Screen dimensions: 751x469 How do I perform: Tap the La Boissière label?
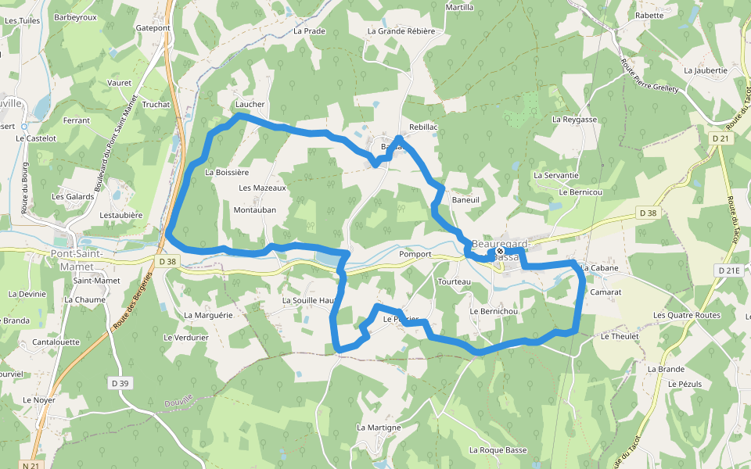pos(226,172)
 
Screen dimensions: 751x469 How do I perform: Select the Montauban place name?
pos(255,209)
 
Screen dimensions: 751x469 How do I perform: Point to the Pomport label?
pos(415,254)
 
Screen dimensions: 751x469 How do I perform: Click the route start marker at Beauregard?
pos(500,252)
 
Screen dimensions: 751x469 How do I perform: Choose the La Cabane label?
pos(599,268)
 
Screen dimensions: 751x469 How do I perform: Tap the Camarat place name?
pos(606,292)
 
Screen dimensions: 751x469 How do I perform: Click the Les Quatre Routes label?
pos(687,315)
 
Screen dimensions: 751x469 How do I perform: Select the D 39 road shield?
pos(120,383)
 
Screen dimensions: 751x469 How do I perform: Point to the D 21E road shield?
pos(727,270)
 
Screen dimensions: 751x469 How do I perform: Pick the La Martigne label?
pos(379,428)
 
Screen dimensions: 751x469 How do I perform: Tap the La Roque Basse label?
pos(498,450)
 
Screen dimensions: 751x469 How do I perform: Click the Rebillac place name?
pos(423,127)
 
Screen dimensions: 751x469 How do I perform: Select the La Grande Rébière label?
pos(401,31)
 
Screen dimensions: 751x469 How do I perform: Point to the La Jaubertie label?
pos(706,70)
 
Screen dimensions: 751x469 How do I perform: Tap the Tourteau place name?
pos(455,281)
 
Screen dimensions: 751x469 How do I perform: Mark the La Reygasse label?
pos(574,120)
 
